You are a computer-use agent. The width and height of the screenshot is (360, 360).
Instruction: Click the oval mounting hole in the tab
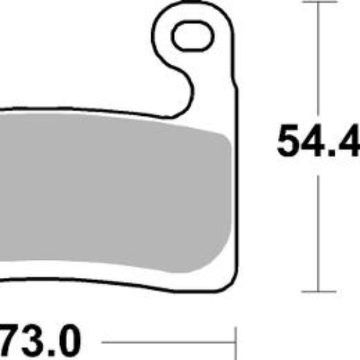click(193, 37)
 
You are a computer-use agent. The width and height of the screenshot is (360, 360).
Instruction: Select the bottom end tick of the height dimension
click(317, 291)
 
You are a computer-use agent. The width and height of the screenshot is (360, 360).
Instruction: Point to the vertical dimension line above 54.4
click(317, 60)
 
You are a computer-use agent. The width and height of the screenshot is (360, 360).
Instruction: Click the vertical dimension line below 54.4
click(317, 228)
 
